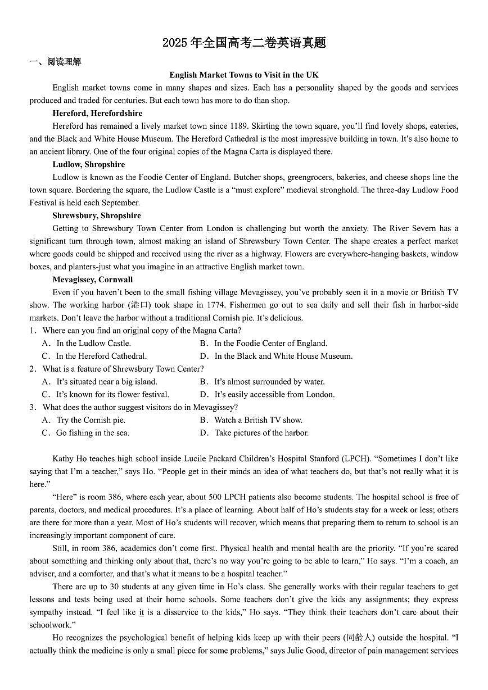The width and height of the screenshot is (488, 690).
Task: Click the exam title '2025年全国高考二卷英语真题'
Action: pos(244,43)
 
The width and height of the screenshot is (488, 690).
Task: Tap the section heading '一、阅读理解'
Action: pos(55,62)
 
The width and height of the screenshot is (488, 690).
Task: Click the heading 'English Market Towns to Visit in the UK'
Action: pos(244,75)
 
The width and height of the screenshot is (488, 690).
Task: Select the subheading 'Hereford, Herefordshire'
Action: pos(97,114)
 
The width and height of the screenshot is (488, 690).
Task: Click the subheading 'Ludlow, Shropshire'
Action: pos(89,165)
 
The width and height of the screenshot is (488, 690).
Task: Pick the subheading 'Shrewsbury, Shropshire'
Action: pos(97,216)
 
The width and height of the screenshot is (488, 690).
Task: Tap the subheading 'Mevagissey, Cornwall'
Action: pos(93,279)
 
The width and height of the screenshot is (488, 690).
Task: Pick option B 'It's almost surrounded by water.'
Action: pos(269,381)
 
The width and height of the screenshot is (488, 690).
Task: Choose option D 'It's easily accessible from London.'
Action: pos(274,394)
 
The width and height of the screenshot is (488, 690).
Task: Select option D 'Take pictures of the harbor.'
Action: pos(261,433)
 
